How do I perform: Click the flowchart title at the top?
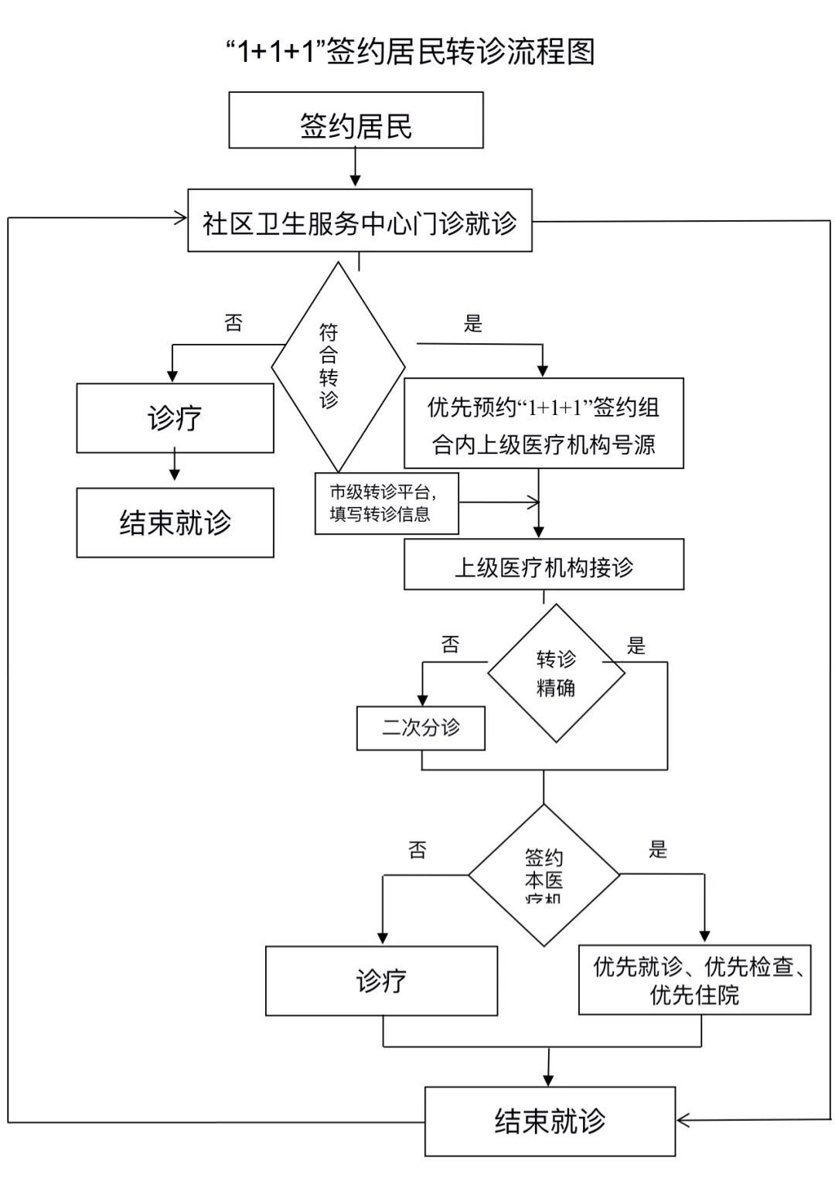pos(410,52)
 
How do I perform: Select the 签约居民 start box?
pos(356,121)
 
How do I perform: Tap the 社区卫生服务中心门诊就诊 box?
pos(360,221)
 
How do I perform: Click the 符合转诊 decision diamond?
pos(337,366)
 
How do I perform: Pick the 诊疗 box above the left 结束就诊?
pos(175,418)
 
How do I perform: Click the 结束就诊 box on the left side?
pos(175,523)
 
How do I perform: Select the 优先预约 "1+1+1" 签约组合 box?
pos(544,424)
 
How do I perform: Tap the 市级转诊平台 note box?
pos(386,503)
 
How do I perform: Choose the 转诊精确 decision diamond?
pos(556,673)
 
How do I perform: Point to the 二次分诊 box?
pos(421,727)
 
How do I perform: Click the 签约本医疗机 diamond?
pos(544,875)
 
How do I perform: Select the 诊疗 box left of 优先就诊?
pos(381,980)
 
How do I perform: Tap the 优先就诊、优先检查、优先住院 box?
pos(694,979)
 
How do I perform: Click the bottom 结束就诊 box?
pos(550,1121)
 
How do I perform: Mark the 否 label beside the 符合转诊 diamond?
pos(233,322)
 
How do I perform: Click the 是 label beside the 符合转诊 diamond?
pos(472,323)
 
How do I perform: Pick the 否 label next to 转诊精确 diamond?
pos(450,645)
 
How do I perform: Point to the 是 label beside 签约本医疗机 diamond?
pos(657,849)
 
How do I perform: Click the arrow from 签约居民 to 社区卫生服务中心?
pos(355,167)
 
